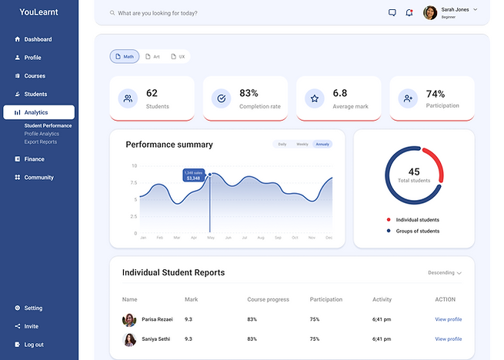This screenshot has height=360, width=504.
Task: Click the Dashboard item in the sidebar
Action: pos(37,39)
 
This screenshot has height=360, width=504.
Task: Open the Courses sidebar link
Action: pos(34,76)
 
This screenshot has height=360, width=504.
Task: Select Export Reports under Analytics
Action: pos(41,142)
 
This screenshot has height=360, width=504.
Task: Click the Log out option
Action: pos(33,345)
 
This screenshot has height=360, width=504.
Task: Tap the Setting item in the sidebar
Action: pos(33,308)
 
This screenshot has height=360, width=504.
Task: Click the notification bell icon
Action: pos(409,13)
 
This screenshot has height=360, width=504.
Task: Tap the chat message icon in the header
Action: pos(392,13)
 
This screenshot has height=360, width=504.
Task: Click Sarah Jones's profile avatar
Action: pos(431,13)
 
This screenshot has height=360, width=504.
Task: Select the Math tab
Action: pos(124,57)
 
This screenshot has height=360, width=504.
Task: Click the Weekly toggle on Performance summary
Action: pos(302,144)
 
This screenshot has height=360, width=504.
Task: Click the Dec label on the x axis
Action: pos(329,238)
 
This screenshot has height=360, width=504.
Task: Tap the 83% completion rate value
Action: pos(249,93)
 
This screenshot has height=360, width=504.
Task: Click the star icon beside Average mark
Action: pos(314,98)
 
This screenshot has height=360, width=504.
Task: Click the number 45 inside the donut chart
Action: pos(414,172)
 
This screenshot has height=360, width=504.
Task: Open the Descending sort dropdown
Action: pos(444,273)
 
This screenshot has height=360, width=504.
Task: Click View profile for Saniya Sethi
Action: pos(448,338)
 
